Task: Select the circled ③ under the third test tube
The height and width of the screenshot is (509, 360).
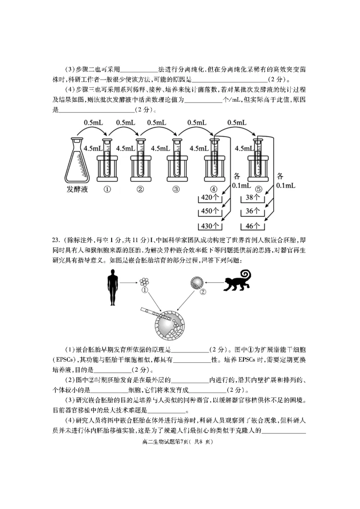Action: click(x=176, y=189)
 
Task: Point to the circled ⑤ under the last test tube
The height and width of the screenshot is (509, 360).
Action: click(x=257, y=189)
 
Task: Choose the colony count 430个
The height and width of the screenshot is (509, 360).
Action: click(x=210, y=225)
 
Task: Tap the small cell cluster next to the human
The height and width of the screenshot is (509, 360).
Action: click(x=144, y=282)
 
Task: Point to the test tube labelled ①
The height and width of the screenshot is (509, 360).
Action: click(x=107, y=160)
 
